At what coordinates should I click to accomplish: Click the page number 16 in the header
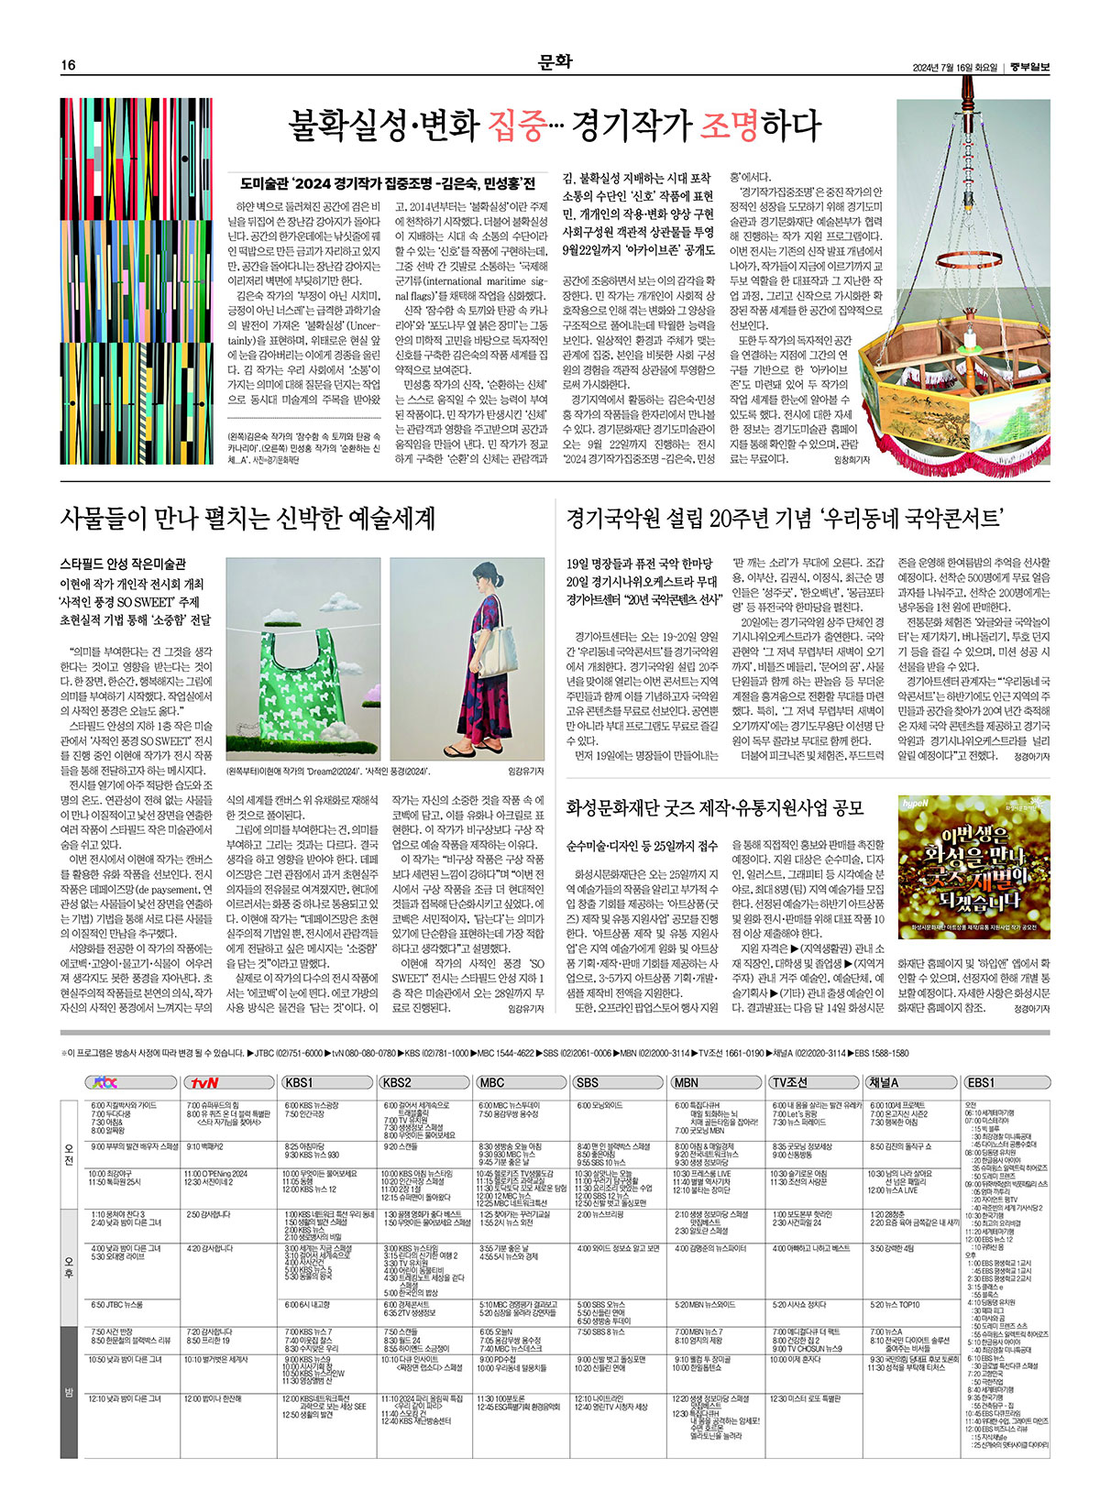[68, 66]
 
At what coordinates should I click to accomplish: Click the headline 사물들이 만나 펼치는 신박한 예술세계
[247, 518]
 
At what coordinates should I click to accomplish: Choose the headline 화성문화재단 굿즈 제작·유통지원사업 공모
[715, 807]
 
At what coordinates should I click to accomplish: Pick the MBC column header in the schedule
[492, 1082]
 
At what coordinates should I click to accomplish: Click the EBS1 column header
[981, 1082]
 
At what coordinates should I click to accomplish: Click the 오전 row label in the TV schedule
[69, 1154]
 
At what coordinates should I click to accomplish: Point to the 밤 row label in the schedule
[69, 1393]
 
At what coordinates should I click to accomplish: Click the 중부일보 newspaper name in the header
[1031, 66]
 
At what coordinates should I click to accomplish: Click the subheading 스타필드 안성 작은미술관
[122, 564]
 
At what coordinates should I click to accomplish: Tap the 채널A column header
[885, 1082]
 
